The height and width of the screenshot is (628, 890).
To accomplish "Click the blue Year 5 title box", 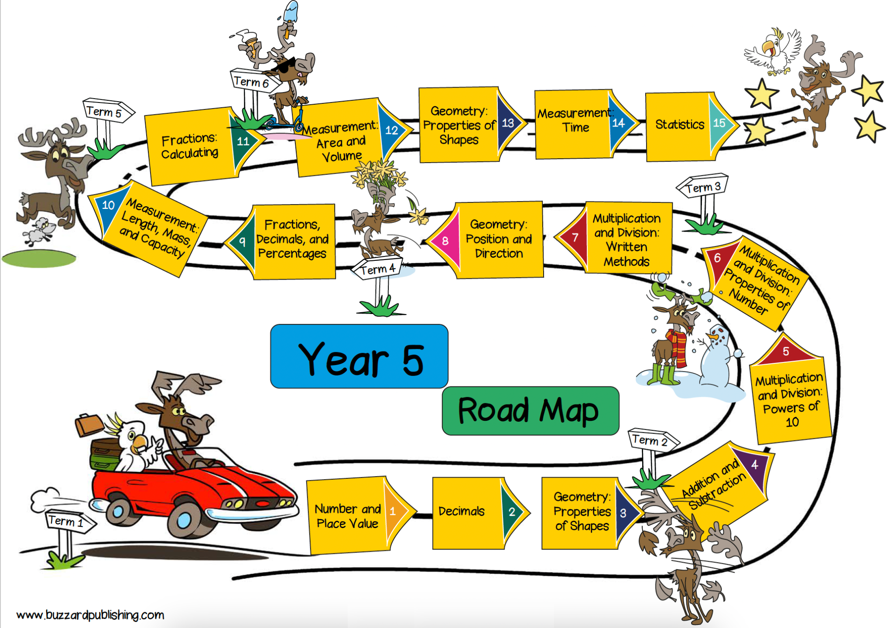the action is [x=359, y=356].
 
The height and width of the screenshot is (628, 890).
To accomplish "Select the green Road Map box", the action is [x=531, y=411].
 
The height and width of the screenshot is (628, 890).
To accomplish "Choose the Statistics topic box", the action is [x=691, y=126].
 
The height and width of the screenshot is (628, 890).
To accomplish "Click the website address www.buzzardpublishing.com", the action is [x=90, y=615].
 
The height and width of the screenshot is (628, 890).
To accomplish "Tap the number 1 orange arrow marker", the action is [x=395, y=512].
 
